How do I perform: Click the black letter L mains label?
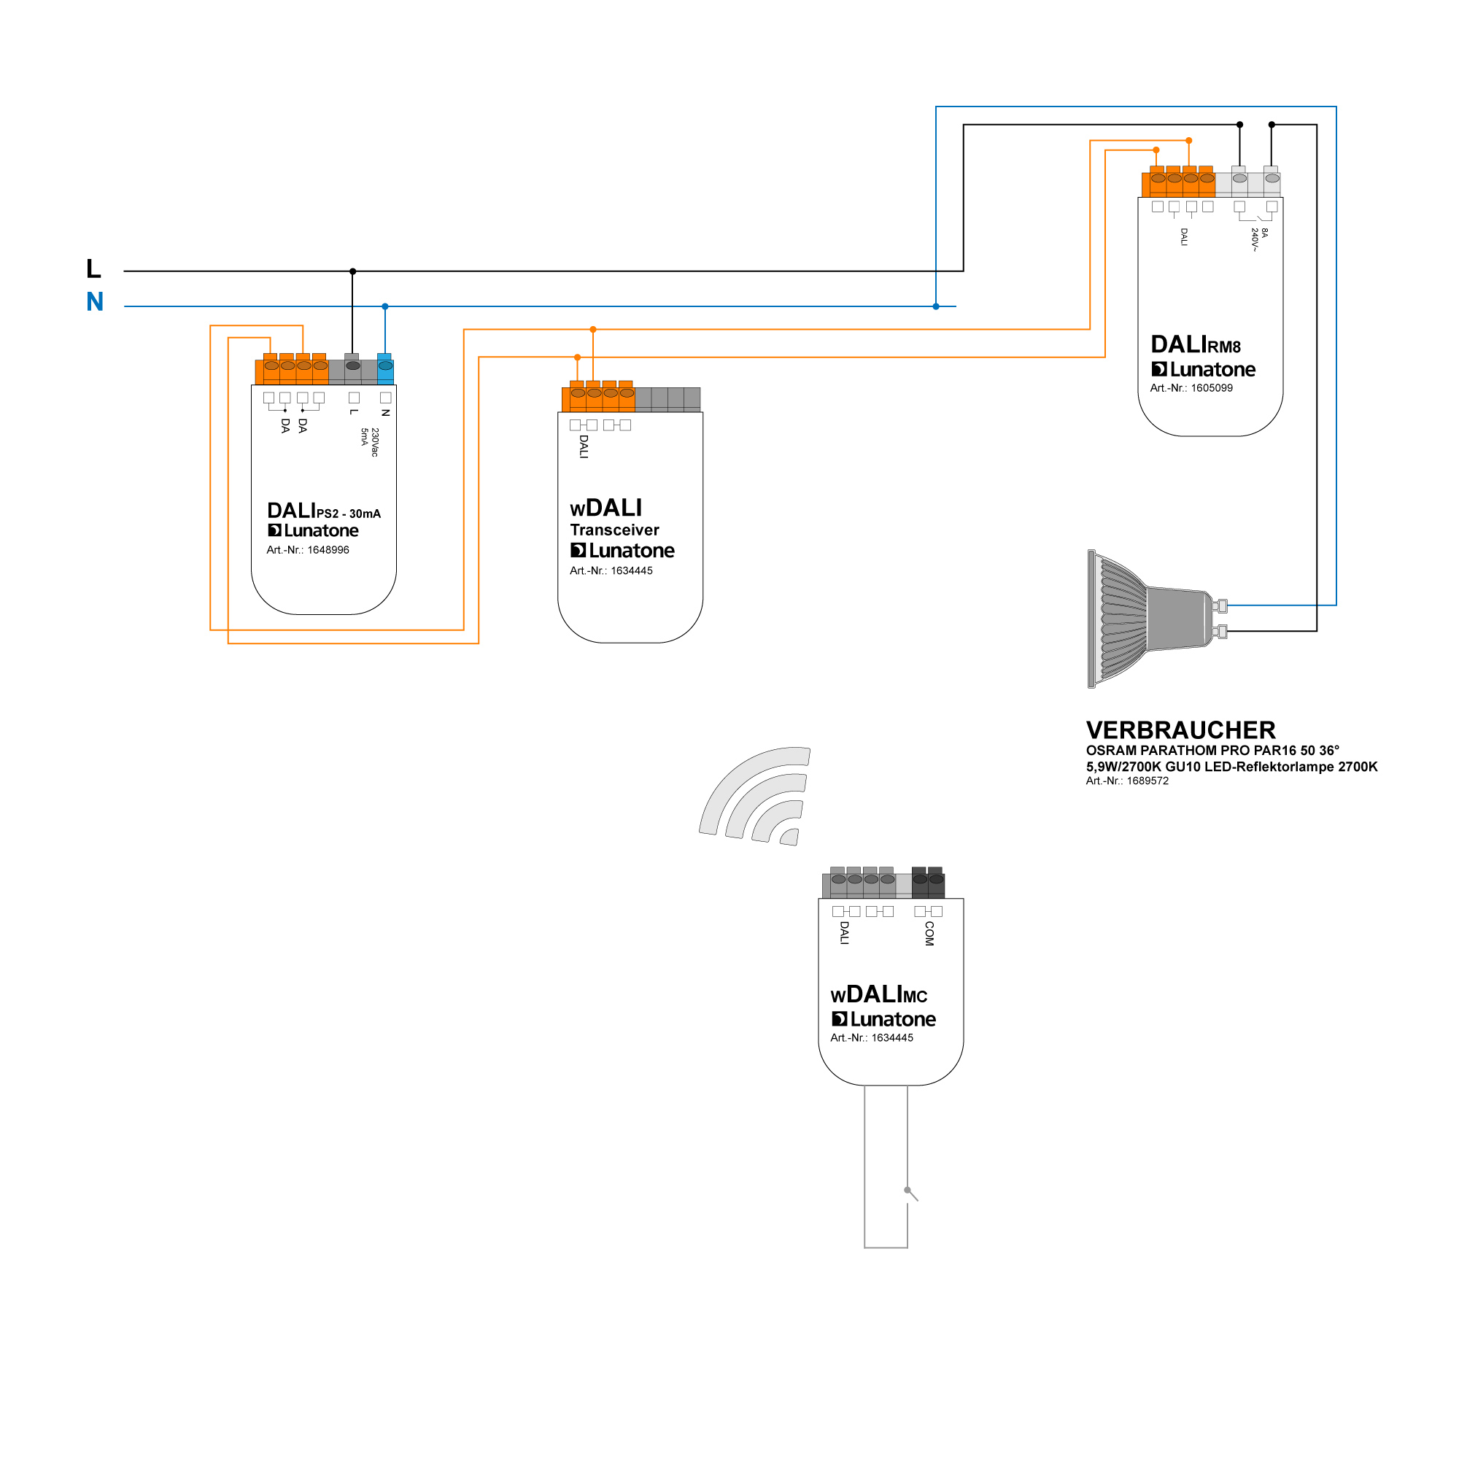pos(93,269)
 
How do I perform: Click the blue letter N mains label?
pos(94,302)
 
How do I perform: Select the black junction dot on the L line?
pos(352,271)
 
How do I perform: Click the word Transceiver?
pos(614,530)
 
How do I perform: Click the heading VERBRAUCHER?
pos(1180,730)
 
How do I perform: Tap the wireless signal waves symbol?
pos(755,797)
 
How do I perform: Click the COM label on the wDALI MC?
pos(929,934)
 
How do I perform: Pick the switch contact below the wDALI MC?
pos(910,1193)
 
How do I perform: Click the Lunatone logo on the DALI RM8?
pos(1203,369)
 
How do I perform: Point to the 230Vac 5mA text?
pos(369,442)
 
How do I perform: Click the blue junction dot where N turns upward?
pos(936,306)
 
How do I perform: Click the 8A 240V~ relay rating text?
pos(1259,239)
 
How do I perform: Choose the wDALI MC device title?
pos(878,994)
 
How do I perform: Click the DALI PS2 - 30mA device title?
pos(323,511)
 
